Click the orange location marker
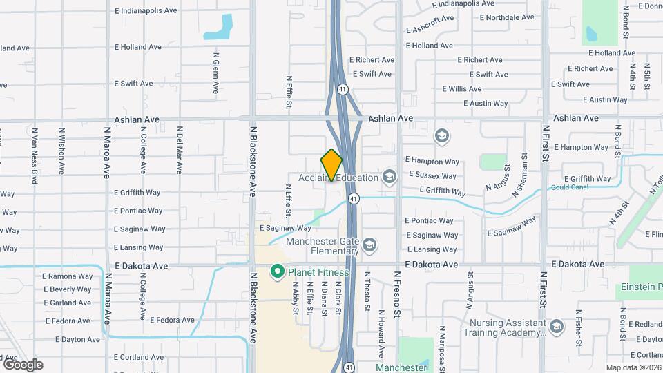click(331, 165)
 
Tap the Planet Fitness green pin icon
click(278, 271)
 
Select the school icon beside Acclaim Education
click(390, 178)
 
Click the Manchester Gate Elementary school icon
click(369, 245)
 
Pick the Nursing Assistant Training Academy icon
click(557, 326)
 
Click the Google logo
click(22, 364)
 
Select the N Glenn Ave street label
click(216, 75)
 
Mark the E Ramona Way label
click(67, 276)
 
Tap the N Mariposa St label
click(441, 348)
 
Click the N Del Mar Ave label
click(179, 149)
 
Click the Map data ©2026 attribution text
click(633, 367)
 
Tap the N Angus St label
click(498, 177)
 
